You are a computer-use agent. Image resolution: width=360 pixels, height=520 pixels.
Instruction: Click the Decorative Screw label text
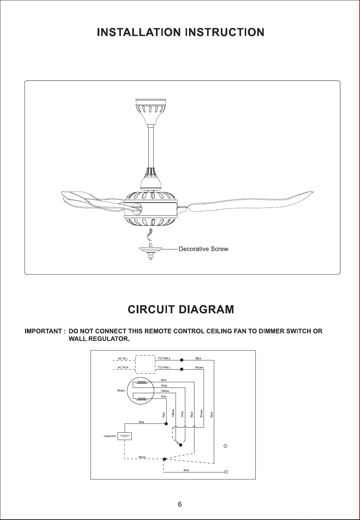(204, 249)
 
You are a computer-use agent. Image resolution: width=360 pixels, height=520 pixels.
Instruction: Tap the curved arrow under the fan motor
(150, 235)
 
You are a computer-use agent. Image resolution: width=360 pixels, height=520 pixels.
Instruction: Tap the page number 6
(180, 504)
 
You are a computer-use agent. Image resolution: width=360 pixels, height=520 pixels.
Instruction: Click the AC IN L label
(123, 359)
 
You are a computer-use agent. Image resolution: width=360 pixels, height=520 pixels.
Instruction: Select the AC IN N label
(123, 367)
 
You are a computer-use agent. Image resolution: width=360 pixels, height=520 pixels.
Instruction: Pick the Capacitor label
(110, 436)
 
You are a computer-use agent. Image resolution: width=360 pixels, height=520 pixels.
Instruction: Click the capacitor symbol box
(125, 436)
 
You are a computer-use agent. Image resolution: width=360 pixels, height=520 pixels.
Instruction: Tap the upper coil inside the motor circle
(142, 382)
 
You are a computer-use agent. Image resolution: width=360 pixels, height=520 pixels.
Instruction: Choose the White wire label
(142, 457)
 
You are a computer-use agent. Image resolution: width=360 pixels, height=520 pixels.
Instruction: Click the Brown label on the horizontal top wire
(199, 367)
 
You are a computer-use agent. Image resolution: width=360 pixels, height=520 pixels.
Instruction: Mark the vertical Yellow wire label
(173, 413)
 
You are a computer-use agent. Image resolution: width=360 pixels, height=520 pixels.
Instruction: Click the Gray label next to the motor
(164, 386)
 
